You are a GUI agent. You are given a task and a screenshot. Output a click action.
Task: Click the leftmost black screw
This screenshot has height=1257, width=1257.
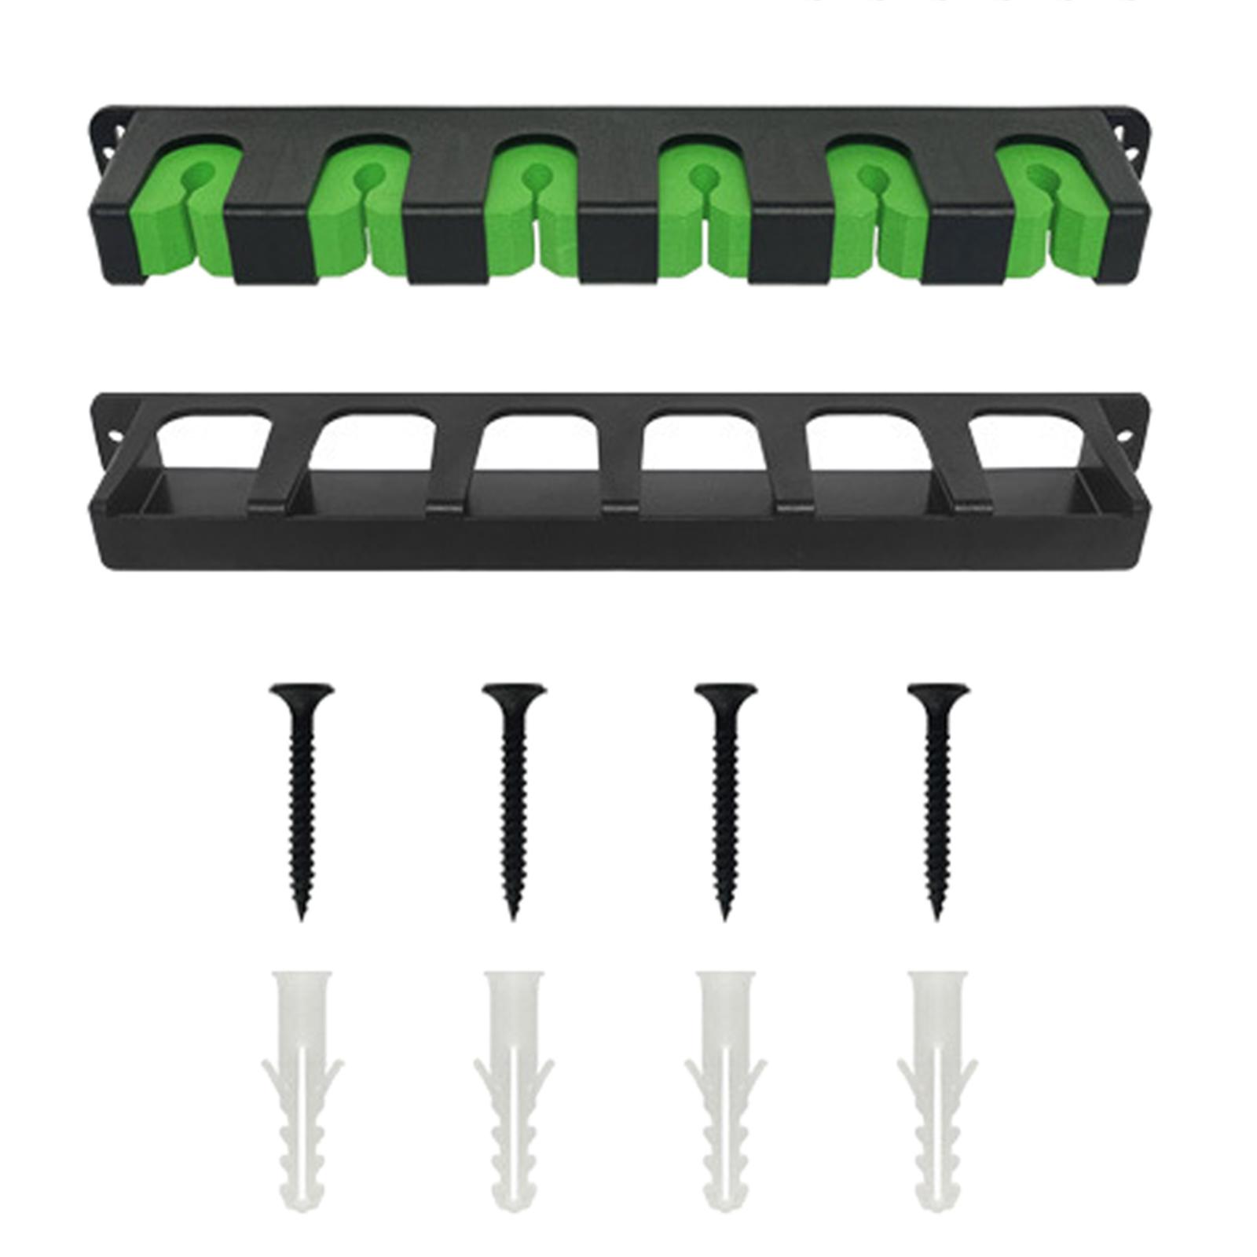[302, 793]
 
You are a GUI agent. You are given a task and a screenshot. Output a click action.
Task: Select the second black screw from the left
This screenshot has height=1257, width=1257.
[514, 793]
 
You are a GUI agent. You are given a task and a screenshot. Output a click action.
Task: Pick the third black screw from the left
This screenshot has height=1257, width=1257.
[724, 793]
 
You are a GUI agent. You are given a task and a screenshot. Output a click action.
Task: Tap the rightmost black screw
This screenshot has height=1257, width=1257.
[936, 793]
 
